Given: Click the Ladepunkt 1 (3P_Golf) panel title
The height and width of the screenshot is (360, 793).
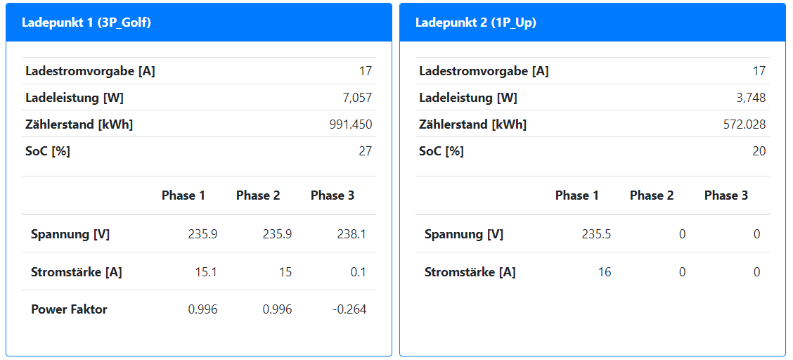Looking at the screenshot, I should (86, 22).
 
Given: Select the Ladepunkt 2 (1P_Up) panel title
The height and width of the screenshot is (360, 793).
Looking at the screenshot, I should (476, 22).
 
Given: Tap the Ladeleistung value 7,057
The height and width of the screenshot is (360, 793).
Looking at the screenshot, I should (357, 98).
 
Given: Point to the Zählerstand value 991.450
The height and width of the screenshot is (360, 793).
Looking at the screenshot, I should (351, 124).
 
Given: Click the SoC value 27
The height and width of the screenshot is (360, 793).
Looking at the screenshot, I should (365, 151).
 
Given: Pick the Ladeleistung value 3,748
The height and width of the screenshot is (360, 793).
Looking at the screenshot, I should (751, 98).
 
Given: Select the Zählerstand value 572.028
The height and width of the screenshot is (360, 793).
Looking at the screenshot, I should (744, 124).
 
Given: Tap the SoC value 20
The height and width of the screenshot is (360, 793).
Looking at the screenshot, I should (759, 151).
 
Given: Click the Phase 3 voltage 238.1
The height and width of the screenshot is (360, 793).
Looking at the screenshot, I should (352, 234).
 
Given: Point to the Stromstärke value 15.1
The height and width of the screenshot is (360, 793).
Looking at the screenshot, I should (206, 272).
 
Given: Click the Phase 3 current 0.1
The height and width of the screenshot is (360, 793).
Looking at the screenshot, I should (358, 272).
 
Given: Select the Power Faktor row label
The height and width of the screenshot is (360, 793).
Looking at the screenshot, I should (69, 309).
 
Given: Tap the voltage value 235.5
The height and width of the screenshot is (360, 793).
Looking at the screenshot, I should (596, 234).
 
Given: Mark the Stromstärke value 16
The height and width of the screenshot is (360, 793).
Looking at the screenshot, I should (604, 272).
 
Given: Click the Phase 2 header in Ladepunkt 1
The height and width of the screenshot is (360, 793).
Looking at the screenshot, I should (258, 195).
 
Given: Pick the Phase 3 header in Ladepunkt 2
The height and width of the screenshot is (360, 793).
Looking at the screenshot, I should (726, 195).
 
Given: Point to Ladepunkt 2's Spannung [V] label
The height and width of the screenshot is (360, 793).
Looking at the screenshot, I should (464, 234).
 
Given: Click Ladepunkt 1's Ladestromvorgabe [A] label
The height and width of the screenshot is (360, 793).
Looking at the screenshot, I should (90, 71).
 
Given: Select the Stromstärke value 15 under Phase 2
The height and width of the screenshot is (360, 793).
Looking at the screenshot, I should (285, 272).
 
